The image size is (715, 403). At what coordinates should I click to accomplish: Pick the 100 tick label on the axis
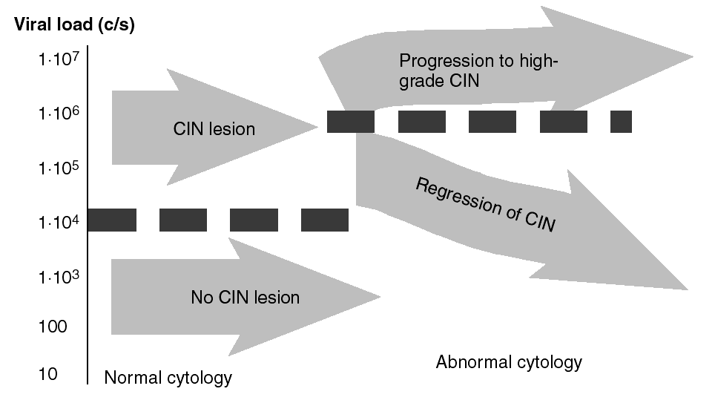coord(52,327)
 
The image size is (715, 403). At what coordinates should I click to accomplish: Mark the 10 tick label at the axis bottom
coord(47,374)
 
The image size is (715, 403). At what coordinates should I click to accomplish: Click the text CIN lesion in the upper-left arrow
coord(214,129)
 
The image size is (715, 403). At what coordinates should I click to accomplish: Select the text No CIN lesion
coord(245,298)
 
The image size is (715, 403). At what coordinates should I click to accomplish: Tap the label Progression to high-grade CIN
coord(478,71)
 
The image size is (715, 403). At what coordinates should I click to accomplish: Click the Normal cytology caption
coord(168,378)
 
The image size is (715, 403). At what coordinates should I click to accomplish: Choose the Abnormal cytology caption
coord(509,362)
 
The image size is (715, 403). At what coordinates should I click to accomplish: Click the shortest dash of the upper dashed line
coord(621,121)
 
